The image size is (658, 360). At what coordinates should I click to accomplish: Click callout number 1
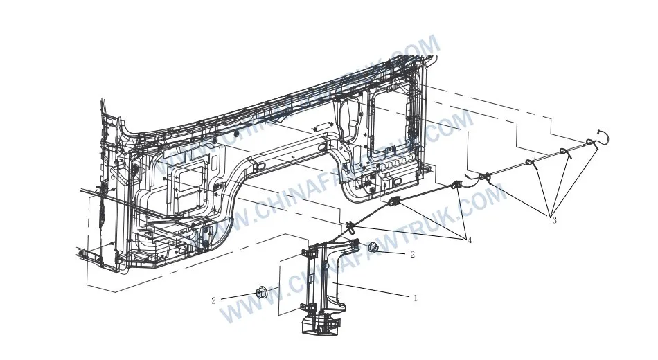[x=416, y=298]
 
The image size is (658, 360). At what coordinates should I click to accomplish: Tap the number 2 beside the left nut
[x=213, y=300]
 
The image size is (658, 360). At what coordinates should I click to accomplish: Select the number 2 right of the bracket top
[x=412, y=255]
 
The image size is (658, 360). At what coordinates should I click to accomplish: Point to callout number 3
[x=554, y=221]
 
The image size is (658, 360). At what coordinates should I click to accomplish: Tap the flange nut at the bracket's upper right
[x=373, y=248]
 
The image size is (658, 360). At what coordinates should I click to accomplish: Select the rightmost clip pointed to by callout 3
[x=590, y=143]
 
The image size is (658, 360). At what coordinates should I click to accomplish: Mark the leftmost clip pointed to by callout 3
[x=531, y=163]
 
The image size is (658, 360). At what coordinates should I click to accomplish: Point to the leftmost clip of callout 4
[x=350, y=224]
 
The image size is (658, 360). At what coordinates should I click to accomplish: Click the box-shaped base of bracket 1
[x=321, y=324]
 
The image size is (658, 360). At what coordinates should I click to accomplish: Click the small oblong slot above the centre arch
[x=321, y=127]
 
